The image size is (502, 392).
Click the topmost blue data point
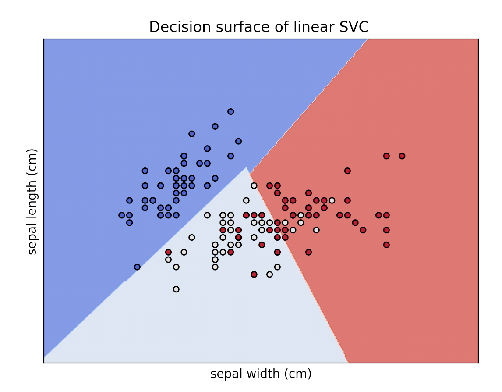pyautogui.click(x=230, y=112)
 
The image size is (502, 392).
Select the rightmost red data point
pyautogui.click(x=402, y=156)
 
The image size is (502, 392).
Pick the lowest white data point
pyautogui.click(x=176, y=289)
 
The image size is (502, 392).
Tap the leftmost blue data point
pyautogui.click(x=122, y=215)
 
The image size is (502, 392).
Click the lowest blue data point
pyautogui.click(x=137, y=267)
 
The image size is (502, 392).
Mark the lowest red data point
pyautogui.click(x=254, y=274)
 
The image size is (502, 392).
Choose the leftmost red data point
pyautogui.click(x=168, y=252)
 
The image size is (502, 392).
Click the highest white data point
pyautogui.click(x=254, y=185)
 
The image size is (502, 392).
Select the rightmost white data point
pyautogui.click(x=332, y=200)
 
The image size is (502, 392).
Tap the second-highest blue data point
pyautogui.click(x=215, y=126)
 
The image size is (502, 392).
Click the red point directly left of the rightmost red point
pyautogui.click(x=386, y=156)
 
